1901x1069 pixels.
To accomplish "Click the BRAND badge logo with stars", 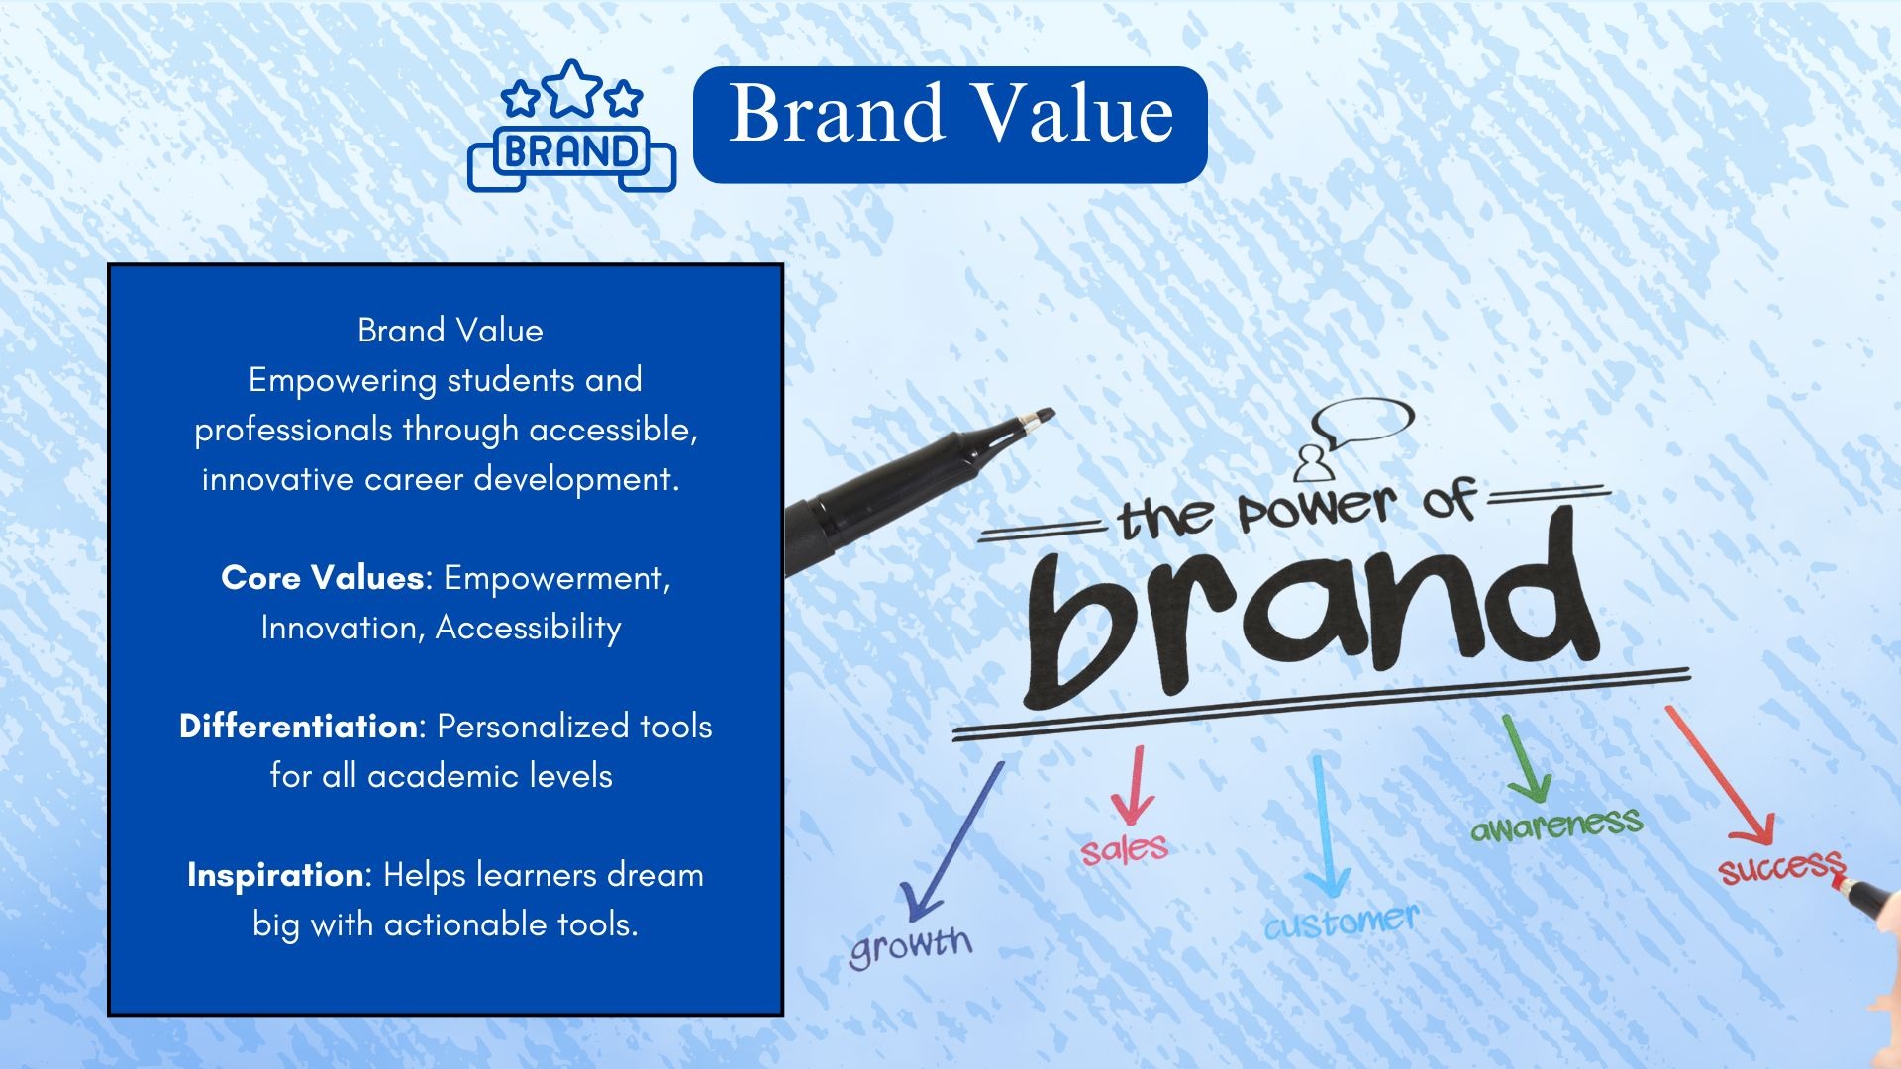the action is pyautogui.click(x=571, y=126).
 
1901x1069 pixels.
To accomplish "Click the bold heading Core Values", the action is pyautogui.click(x=323, y=577).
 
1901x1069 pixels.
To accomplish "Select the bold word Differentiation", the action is pyautogui.click(x=298, y=726).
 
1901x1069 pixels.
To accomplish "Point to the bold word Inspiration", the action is pyautogui.click(x=275, y=875).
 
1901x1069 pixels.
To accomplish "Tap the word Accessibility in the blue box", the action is pyautogui.click(x=529, y=628).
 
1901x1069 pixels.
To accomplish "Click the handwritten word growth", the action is pyautogui.click(x=911, y=945).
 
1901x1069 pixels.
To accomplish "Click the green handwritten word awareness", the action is pyautogui.click(x=1556, y=825).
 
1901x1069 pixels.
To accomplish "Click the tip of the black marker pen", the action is pyautogui.click(x=1052, y=414).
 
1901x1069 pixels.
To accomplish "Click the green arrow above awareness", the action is pyautogui.click(x=1523, y=758).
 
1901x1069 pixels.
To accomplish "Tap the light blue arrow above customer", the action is pyautogui.click(x=1322, y=827).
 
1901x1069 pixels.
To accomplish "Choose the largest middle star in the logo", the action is pyautogui.click(x=571, y=88).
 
